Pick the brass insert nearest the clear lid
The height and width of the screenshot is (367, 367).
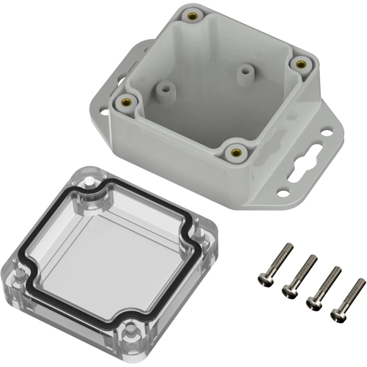(235, 152)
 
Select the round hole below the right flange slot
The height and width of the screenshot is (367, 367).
(283, 193)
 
